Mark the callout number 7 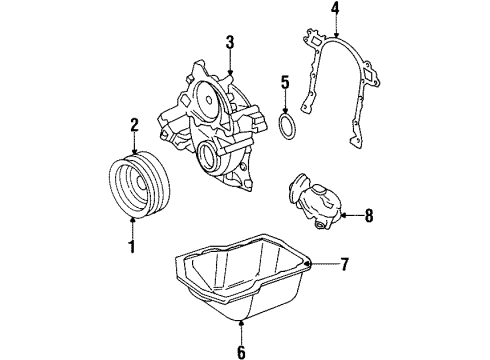tap(344, 264)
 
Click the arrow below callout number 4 tap(308, 31)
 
